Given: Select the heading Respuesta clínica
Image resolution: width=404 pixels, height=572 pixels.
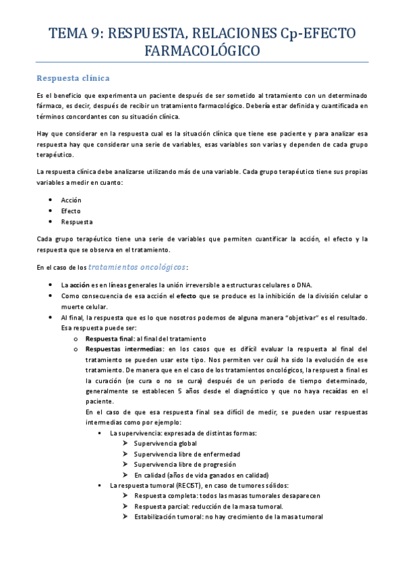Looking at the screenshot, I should pyautogui.click(x=73, y=78).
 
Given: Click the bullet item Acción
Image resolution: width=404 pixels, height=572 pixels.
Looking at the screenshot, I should pyautogui.click(x=71, y=200).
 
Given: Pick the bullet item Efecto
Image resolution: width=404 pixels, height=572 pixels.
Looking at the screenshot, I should pyautogui.click(x=70, y=211).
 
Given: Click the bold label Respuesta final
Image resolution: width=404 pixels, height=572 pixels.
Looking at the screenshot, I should pyautogui.click(x=109, y=338).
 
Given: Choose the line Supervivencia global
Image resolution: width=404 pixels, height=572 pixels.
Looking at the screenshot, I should pyautogui.click(x=165, y=442).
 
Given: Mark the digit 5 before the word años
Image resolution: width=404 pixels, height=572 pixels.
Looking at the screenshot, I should pyautogui.click(x=179, y=391).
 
